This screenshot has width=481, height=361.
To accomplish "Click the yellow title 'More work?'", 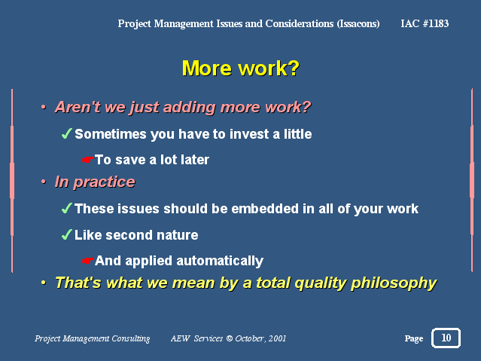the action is (241, 69).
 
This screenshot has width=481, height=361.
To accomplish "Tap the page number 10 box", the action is (446, 338).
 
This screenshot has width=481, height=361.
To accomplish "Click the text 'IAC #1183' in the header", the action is (425, 23).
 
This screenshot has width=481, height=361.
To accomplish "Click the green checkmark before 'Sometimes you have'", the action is (66, 133).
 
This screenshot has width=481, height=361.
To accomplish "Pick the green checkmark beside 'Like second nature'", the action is (66, 234).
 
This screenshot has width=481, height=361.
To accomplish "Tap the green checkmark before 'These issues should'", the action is (66, 208).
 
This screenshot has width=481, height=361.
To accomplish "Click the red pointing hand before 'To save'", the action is (87, 160).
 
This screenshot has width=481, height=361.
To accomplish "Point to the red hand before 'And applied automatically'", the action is (87, 261).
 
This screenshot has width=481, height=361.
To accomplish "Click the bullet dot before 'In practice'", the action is (44, 182).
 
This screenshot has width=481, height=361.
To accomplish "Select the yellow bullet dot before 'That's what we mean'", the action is (44, 283).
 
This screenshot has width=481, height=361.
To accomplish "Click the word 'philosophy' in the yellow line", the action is (394, 283).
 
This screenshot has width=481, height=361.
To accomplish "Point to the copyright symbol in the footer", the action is (229, 338).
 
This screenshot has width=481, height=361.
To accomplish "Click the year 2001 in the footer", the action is (277, 338).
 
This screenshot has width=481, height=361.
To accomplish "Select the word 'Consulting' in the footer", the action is (131, 338).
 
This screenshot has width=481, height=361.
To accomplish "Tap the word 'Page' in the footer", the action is (414, 338).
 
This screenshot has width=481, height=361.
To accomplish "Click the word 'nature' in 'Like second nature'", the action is (177, 235).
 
